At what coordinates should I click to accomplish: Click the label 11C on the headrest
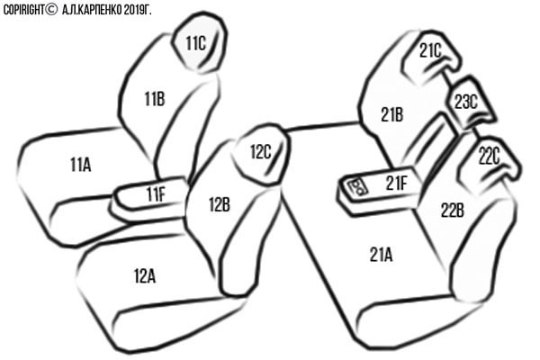(x=196, y=43)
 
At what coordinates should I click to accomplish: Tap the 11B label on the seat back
(x=155, y=99)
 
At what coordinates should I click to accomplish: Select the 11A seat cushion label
(x=81, y=165)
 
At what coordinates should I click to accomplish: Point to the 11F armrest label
(x=156, y=194)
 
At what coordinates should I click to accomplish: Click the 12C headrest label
(x=261, y=151)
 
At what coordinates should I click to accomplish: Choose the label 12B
(x=220, y=204)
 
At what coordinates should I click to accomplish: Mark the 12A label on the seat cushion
(x=145, y=276)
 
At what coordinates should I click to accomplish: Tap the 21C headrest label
(x=430, y=51)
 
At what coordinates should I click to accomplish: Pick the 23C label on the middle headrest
(x=466, y=102)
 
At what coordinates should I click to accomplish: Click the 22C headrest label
(x=489, y=157)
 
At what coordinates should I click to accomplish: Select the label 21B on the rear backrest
(x=392, y=114)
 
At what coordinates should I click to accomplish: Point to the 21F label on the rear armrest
(x=396, y=183)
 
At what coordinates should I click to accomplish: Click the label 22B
(x=453, y=210)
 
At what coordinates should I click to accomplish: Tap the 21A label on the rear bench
(x=382, y=255)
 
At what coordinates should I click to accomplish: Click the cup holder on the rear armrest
(x=357, y=187)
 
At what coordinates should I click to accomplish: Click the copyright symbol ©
(x=51, y=10)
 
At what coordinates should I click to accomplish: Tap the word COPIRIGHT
(x=23, y=10)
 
